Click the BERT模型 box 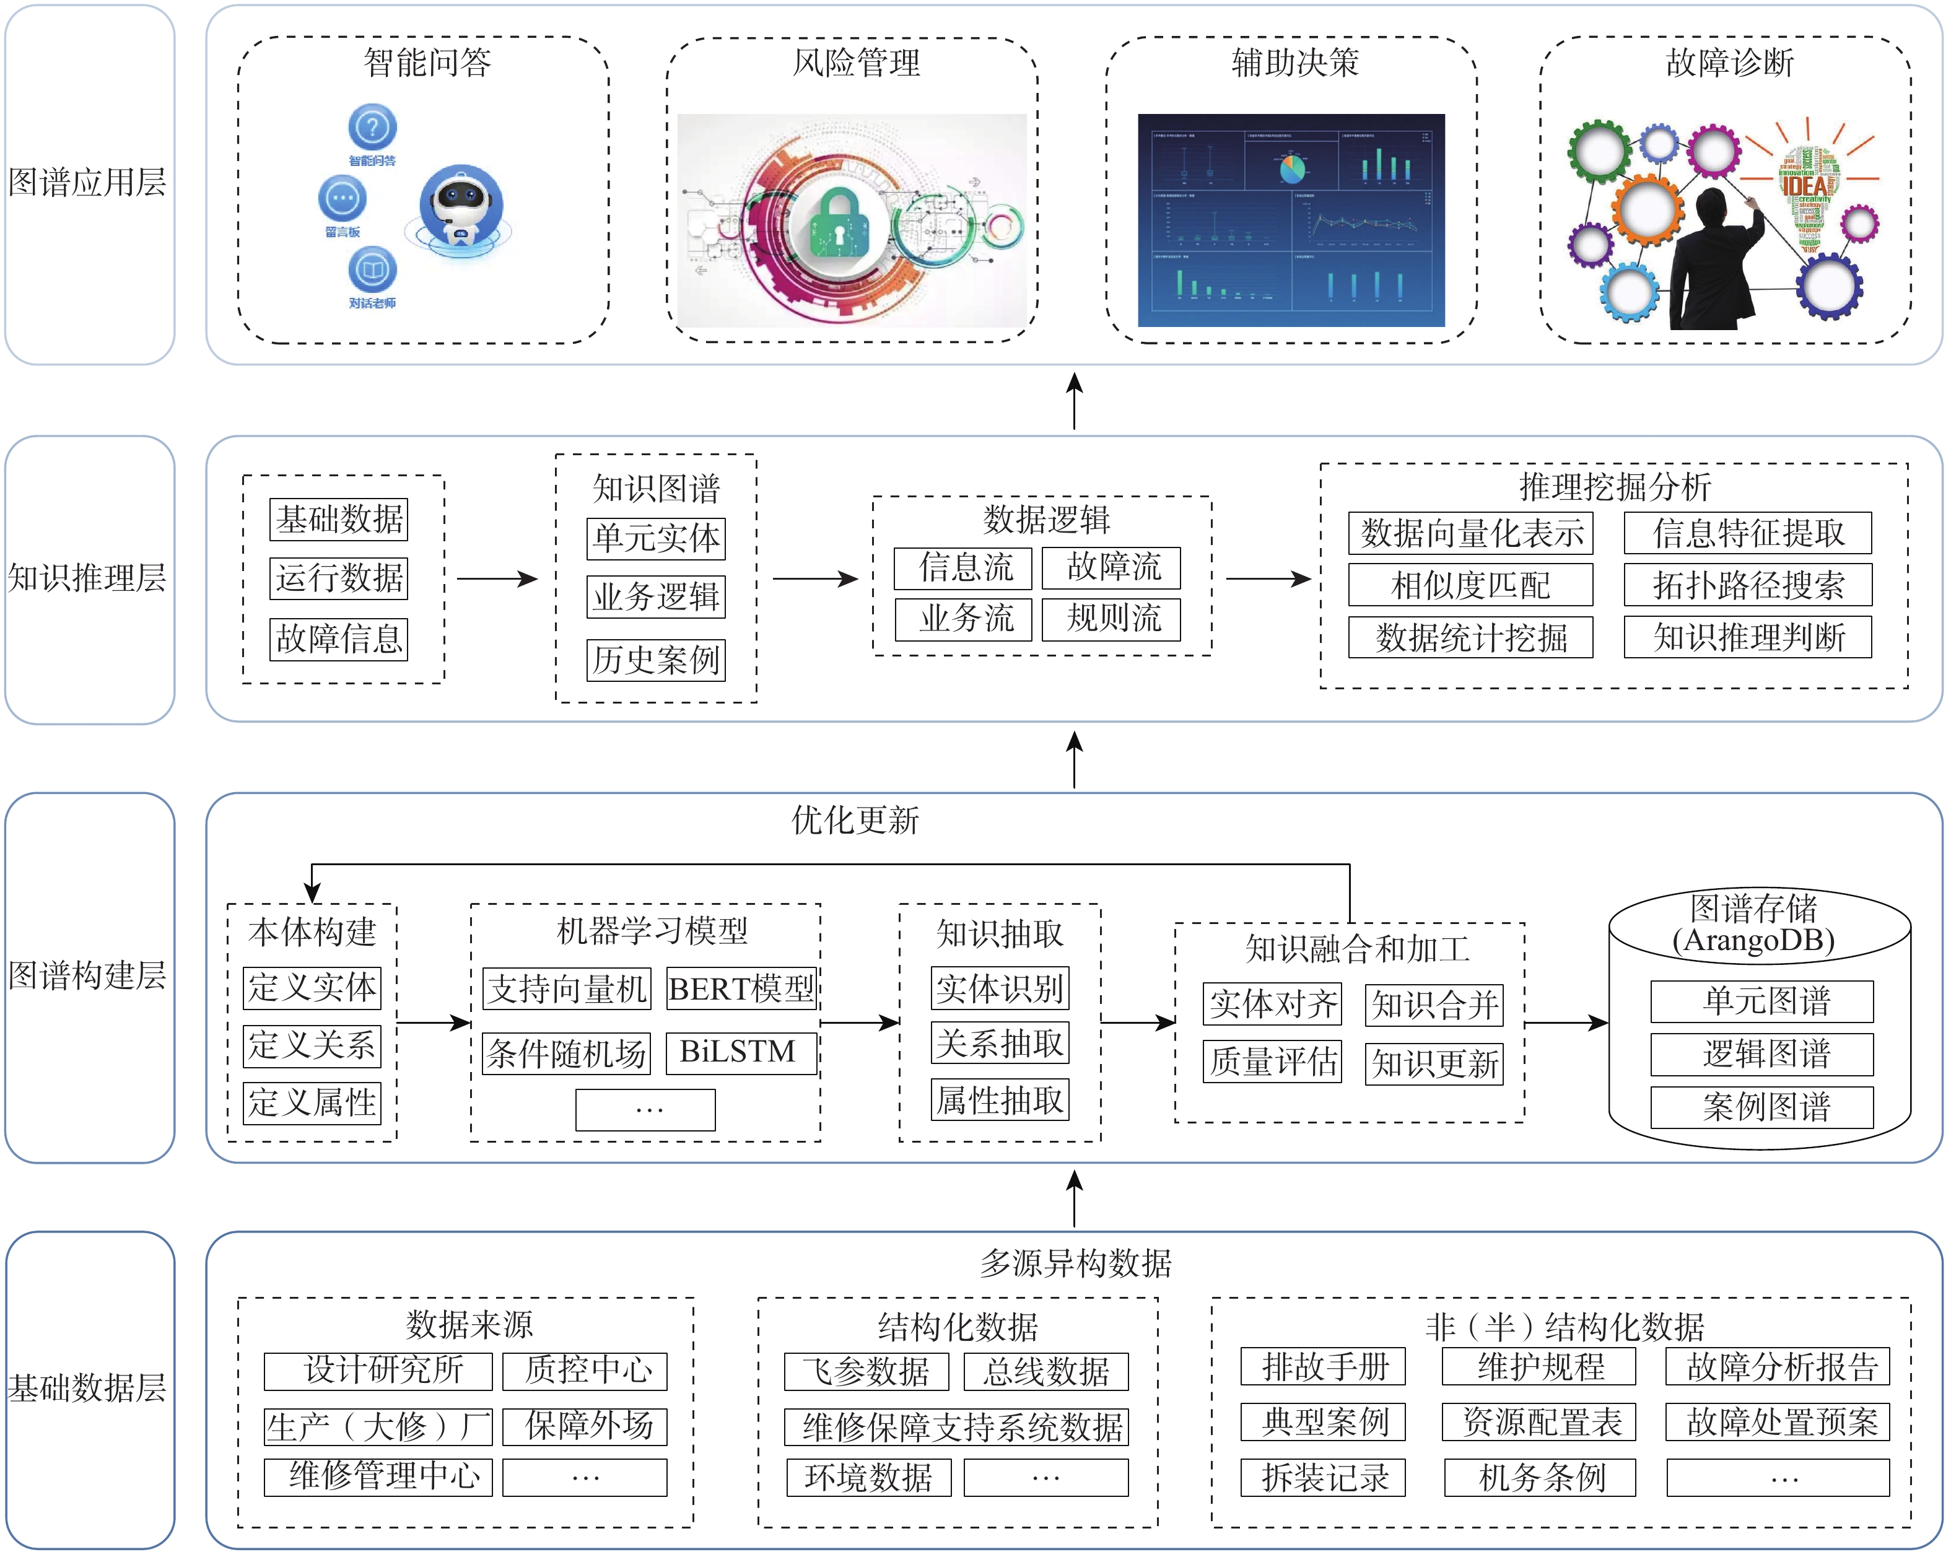[x=741, y=989]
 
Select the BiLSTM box [x=741, y=1052]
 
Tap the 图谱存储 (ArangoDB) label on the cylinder [x=1753, y=923]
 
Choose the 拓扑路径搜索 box [x=1747, y=585]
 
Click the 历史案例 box [x=656, y=660]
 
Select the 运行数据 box [x=339, y=578]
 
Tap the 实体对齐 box [x=1272, y=1004]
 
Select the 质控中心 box [x=585, y=1371]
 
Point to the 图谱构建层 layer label [x=88, y=975]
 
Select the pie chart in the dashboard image [x=1291, y=168]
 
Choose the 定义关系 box [x=312, y=1045]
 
